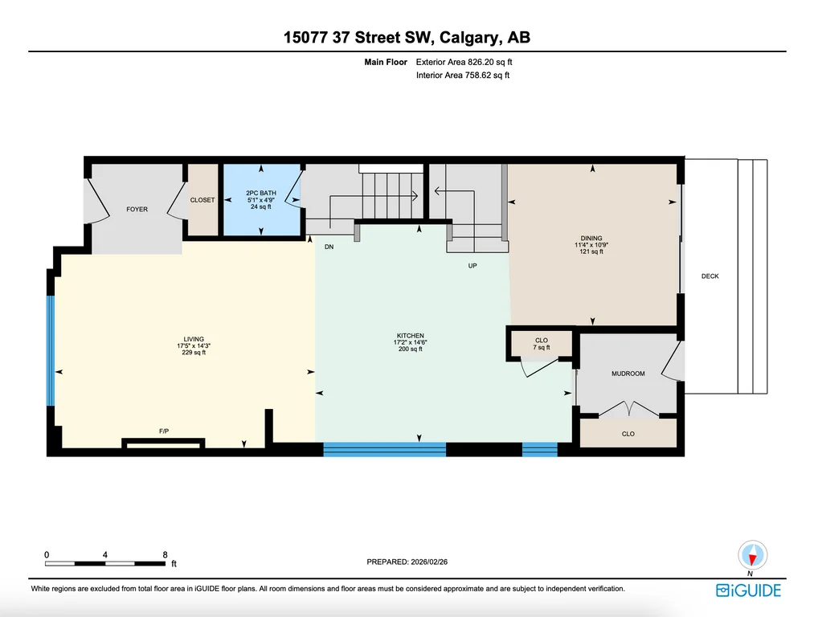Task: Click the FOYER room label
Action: (137, 209)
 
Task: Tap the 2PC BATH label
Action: (261, 193)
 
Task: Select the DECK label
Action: (710, 276)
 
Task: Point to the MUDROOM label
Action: (628, 374)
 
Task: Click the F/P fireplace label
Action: (164, 431)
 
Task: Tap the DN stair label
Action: (329, 247)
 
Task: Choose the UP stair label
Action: (472, 266)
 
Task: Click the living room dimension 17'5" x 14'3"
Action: (194, 346)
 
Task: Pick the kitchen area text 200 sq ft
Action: (410, 349)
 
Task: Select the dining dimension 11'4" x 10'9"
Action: (591, 245)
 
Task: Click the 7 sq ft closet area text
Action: (542, 348)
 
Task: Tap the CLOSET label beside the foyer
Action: (202, 200)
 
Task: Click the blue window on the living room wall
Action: (51, 350)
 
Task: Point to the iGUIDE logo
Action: (748, 590)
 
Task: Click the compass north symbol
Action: (752, 556)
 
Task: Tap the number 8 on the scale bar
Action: (165, 554)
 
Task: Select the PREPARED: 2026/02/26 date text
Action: (407, 562)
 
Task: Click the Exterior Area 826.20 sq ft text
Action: (464, 62)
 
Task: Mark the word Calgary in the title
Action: (470, 38)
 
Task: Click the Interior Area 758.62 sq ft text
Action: (463, 76)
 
